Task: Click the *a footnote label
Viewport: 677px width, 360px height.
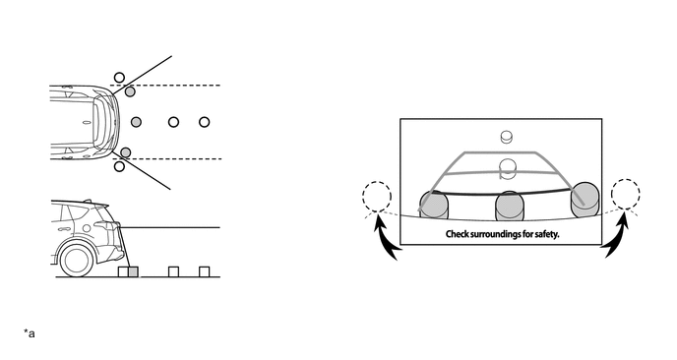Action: point(30,333)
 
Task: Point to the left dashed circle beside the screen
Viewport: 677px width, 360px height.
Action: point(375,197)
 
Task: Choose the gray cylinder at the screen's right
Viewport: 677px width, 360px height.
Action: point(584,197)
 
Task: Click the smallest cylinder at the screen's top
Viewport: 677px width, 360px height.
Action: point(508,138)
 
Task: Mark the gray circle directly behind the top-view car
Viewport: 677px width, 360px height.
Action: point(137,122)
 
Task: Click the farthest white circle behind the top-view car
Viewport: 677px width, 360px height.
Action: point(205,122)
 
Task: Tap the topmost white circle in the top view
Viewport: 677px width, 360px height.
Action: point(119,77)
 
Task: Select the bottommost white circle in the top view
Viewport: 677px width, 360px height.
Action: point(119,167)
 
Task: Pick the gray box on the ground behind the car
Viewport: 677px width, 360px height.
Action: point(134,271)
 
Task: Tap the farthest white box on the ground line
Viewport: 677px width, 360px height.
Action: point(205,271)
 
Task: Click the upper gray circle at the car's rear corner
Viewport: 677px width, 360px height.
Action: point(130,91)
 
